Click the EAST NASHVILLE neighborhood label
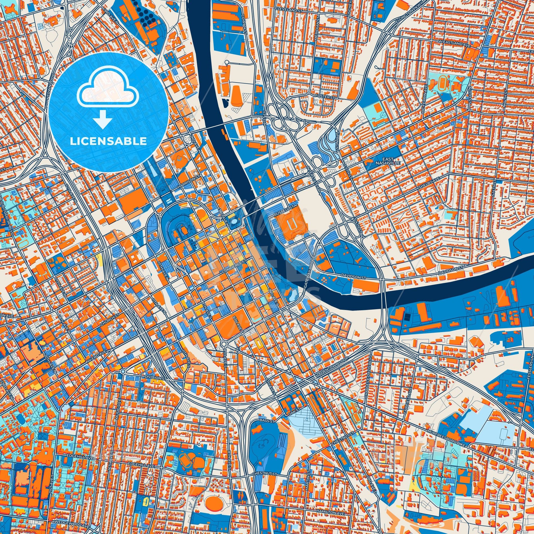[382, 161]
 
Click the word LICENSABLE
[108, 141]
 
